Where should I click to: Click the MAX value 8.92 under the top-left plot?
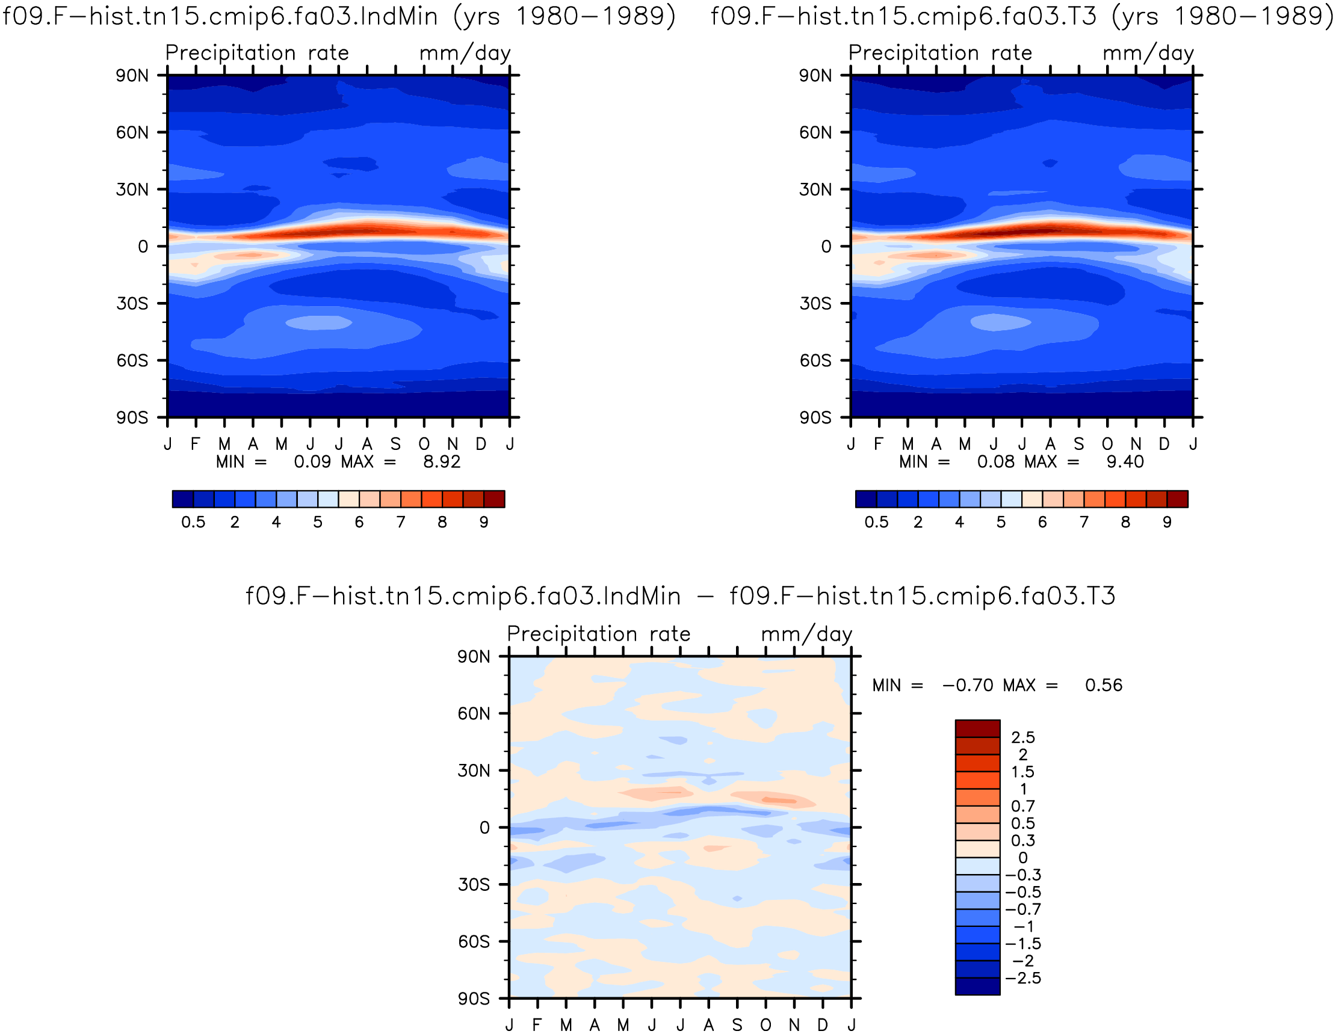[442, 462]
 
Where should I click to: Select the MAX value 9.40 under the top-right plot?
[1125, 462]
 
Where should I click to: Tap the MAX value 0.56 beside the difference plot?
[1104, 685]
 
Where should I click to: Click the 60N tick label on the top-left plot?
[132, 132]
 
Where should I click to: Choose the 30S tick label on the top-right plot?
[815, 303]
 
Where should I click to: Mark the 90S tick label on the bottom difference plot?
[474, 999]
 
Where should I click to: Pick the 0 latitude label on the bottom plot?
[484, 827]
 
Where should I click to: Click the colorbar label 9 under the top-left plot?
[484, 522]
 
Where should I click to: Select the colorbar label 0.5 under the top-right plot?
[876, 522]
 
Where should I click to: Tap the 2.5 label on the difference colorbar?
[1023, 737]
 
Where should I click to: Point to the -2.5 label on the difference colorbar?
[1024, 977]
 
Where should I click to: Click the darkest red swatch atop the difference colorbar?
[977, 729]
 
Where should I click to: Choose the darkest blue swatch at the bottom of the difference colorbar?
[977, 986]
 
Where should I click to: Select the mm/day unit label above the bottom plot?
[806, 634]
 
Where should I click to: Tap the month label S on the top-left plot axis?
[396, 444]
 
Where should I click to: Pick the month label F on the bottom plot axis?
[537, 1025]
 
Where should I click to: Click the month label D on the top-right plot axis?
[1164, 444]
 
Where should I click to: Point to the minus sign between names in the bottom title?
[705, 596]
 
